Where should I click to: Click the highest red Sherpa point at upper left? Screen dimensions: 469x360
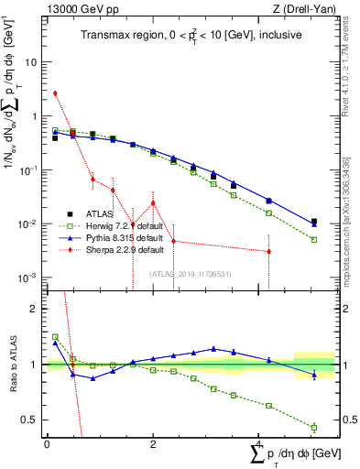pyautogui.click(x=55, y=93)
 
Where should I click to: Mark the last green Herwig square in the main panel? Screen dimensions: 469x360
pyautogui.click(x=314, y=240)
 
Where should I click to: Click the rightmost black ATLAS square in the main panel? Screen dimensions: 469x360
pyautogui.click(x=314, y=222)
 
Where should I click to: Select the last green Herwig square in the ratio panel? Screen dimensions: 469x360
pyautogui.click(x=314, y=427)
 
